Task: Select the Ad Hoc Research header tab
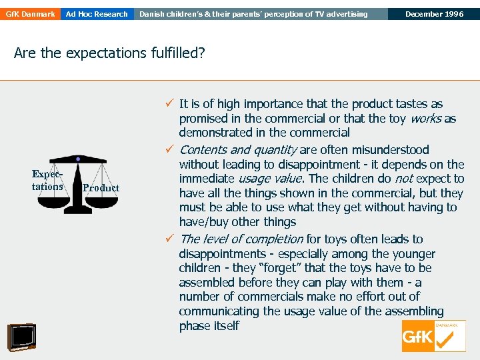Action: (97, 14)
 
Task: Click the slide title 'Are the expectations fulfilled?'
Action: (109, 53)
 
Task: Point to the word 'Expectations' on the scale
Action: (47, 180)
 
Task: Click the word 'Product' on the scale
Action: (101, 188)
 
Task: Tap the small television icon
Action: (21, 337)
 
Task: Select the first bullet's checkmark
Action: (171, 104)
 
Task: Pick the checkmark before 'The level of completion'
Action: (171, 239)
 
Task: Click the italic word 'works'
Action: (426, 119)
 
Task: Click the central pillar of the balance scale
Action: (79, 187)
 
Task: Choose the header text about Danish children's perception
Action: (253, 14)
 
